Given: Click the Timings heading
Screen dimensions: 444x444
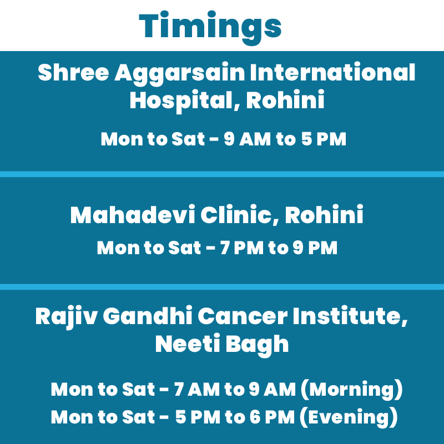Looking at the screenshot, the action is click(210, 27).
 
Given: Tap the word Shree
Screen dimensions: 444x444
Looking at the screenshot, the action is click(73, 72).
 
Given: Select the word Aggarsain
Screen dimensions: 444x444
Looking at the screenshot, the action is click(179, 74).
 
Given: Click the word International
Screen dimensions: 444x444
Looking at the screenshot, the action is click(332, 72).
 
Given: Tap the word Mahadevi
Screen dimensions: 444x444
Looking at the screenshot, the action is click(133, 215).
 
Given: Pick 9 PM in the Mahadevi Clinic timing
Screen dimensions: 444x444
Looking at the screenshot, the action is click(315, 248).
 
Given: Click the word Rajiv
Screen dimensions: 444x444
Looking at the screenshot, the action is click(67, 316).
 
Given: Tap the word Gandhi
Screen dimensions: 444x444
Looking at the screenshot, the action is click(148, 315).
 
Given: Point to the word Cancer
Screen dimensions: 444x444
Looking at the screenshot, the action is click(243, 316).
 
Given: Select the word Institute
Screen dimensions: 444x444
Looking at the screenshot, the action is click(350, 316).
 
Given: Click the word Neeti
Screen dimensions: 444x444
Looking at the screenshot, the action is click(188, 344).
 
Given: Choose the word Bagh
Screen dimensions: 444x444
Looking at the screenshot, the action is click(257, 345).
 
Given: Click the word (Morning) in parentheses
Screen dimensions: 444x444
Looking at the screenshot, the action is click(351, 390).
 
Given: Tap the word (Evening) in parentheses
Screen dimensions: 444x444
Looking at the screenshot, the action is click(349, 418).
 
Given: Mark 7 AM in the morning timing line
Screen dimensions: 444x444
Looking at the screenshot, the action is click(197, 390).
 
